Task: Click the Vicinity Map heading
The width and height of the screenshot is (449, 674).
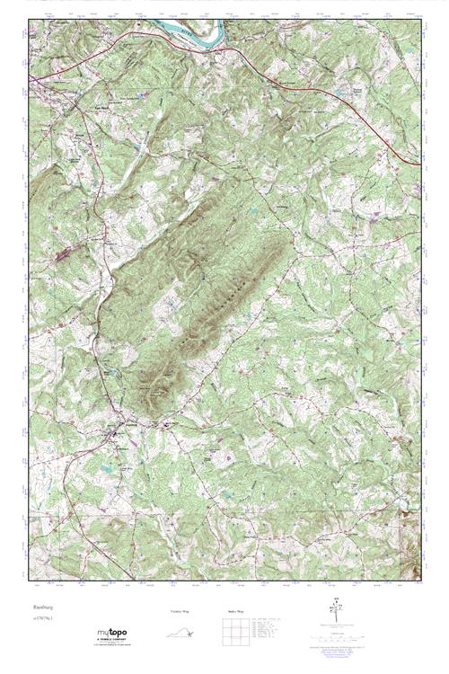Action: coord(180,611)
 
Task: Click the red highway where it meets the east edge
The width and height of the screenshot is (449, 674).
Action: coord(418,164)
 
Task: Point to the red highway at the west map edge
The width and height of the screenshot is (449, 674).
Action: coord(31,80)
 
